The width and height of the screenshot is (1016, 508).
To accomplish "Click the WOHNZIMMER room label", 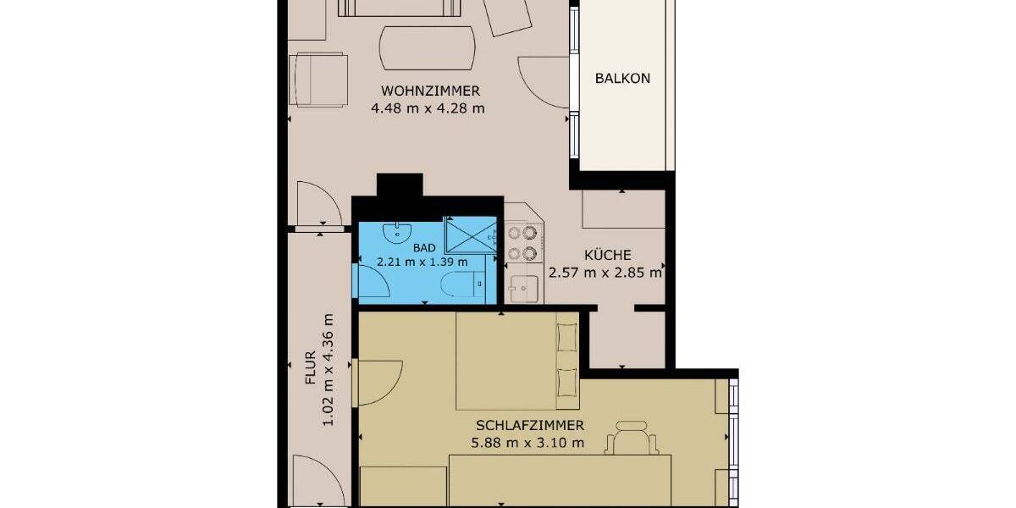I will [x=430, y=91].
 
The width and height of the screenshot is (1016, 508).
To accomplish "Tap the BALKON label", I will [x=622, y=78].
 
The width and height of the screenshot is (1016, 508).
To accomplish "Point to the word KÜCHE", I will [x=607, y=255].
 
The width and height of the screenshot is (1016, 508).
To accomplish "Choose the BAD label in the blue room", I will [x=425, y=247].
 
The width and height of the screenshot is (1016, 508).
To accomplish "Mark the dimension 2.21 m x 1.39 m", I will [x=422, y=262].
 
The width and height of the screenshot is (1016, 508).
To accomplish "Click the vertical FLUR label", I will [x=311, y=369].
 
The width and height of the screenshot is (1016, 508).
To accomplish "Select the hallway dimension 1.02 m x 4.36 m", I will [x=329, y=369].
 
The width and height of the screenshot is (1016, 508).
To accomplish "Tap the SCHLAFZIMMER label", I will [x=528, y=426].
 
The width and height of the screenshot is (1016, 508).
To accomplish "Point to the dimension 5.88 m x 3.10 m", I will [x=528, y=442].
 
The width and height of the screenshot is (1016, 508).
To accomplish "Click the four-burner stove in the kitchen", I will [x=521, y=242].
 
